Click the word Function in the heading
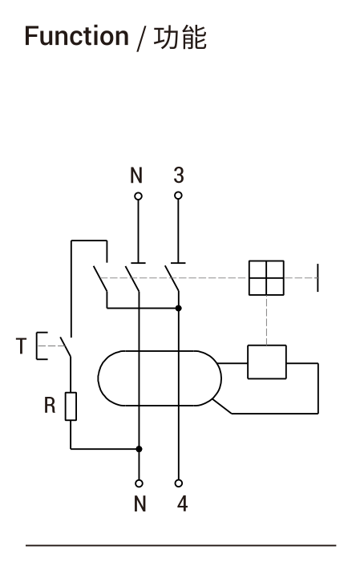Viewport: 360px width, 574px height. click(x=76, y=36)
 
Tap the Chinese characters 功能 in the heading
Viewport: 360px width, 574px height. click(x=180, y=38)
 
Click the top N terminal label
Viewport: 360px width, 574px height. click(x=136, y=175)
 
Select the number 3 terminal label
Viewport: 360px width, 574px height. click(x=178, y=175)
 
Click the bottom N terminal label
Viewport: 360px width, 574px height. click(x=140, y=503)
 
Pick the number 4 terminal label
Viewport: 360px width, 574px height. click(x=182, y=503)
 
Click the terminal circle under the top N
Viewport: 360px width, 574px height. click(x=138, y=196)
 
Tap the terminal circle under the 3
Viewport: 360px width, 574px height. click(x=178, y=196)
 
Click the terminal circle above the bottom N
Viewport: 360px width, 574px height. click(x=139, y=483)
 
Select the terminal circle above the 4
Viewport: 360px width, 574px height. click(x=179, y=483)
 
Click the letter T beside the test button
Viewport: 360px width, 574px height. click(x=21, y=346)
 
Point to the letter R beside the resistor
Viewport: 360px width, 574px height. click(x=50, y=406)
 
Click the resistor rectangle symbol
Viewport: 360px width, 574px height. click(x=71, y=406)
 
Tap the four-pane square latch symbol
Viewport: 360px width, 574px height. click(x=266, y=278)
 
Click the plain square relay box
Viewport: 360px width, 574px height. click(x=267, y=362)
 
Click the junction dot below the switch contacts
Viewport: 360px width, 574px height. click(x=179, y=308)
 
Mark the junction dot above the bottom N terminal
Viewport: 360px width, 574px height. click(x=139, y=449)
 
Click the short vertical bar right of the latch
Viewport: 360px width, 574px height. click(x=318, y=278)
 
